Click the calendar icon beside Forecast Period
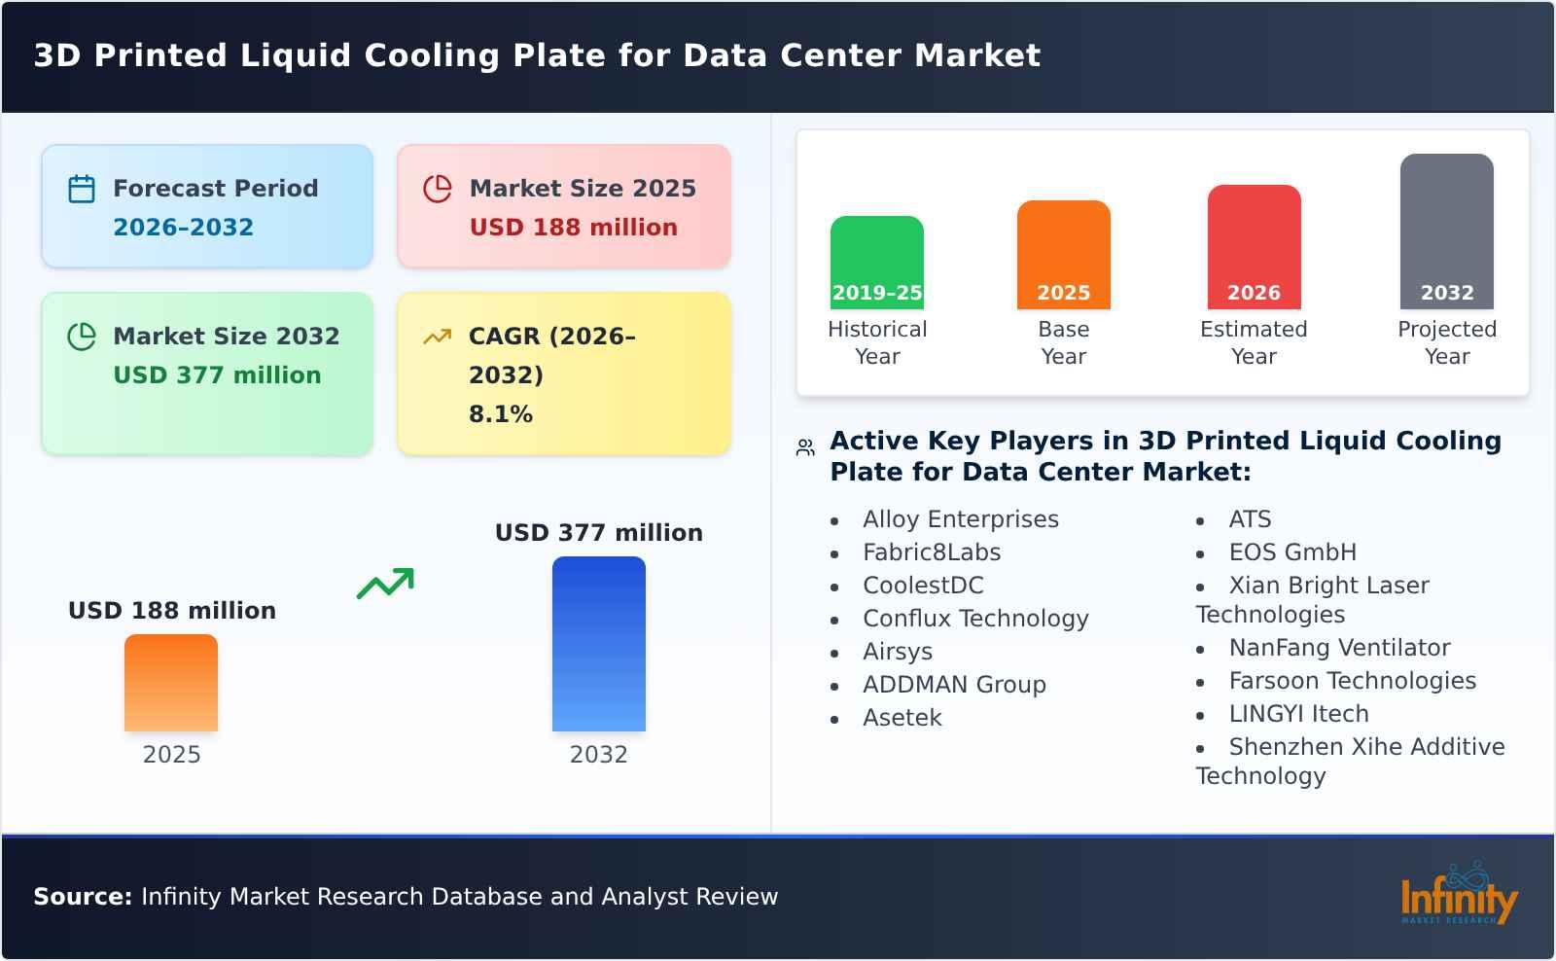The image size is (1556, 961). pyautogui.click(x=82, y=189)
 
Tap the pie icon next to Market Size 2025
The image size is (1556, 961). pyautogui.click(x=438, y=189)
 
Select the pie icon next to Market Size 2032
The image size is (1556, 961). pyautogui.click(x=82, y=337)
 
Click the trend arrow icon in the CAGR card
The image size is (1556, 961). pyautogui.click(x=438, y=337)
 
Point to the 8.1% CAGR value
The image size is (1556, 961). pyautogui.click(x=501, y=414)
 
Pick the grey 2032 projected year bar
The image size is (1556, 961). pyautogui.click(x=1446, y=230)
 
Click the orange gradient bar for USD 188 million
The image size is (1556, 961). pyautogui.click(x=171, y=683)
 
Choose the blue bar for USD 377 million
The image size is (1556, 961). pyautogui.click(x=599, y=644)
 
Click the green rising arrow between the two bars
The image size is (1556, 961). pyautogui.click(x=385, y=584)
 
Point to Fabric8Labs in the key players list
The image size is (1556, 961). pyautogui.click(x=932, y=552)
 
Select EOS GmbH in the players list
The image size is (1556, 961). pyautogui.click(x=1292, y=552)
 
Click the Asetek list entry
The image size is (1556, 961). pyautogui.click(x=902, y=718)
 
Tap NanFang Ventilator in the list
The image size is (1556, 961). pyautogui.click(x=1339, y=648)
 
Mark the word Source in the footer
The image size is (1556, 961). pyautogui.click(x=83, y=897)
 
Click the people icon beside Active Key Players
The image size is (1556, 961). pyautogui.click(x=805, y=448)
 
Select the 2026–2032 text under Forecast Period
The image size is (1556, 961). pyautogui.click(x=183, y=228)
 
